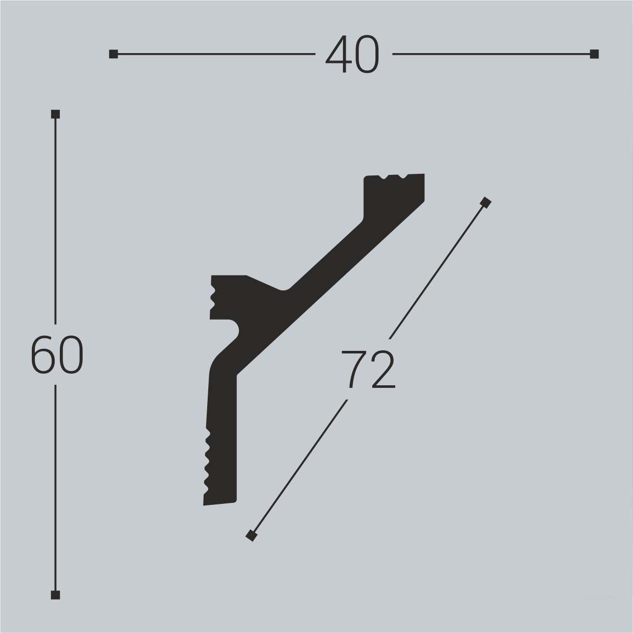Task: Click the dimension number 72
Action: coord(369,370)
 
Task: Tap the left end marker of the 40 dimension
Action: coord(113,54)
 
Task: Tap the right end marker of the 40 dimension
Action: coord(594,54)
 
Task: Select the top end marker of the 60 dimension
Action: coord(56,114)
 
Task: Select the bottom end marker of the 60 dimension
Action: coord(56,594)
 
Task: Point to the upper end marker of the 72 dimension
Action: coord(486,202)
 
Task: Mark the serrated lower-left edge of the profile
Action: coord(208,461)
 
